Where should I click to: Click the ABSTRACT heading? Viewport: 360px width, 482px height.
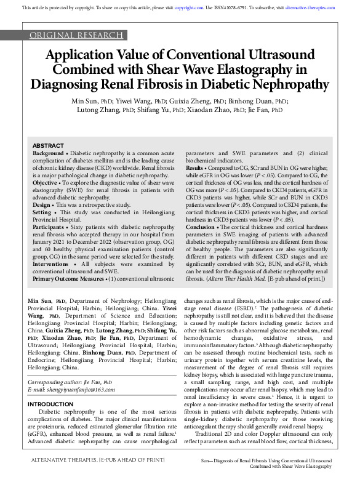coord(47,145)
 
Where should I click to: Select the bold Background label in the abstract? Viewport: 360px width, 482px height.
coord(47,152)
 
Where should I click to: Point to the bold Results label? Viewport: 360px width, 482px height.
coord(195,167)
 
